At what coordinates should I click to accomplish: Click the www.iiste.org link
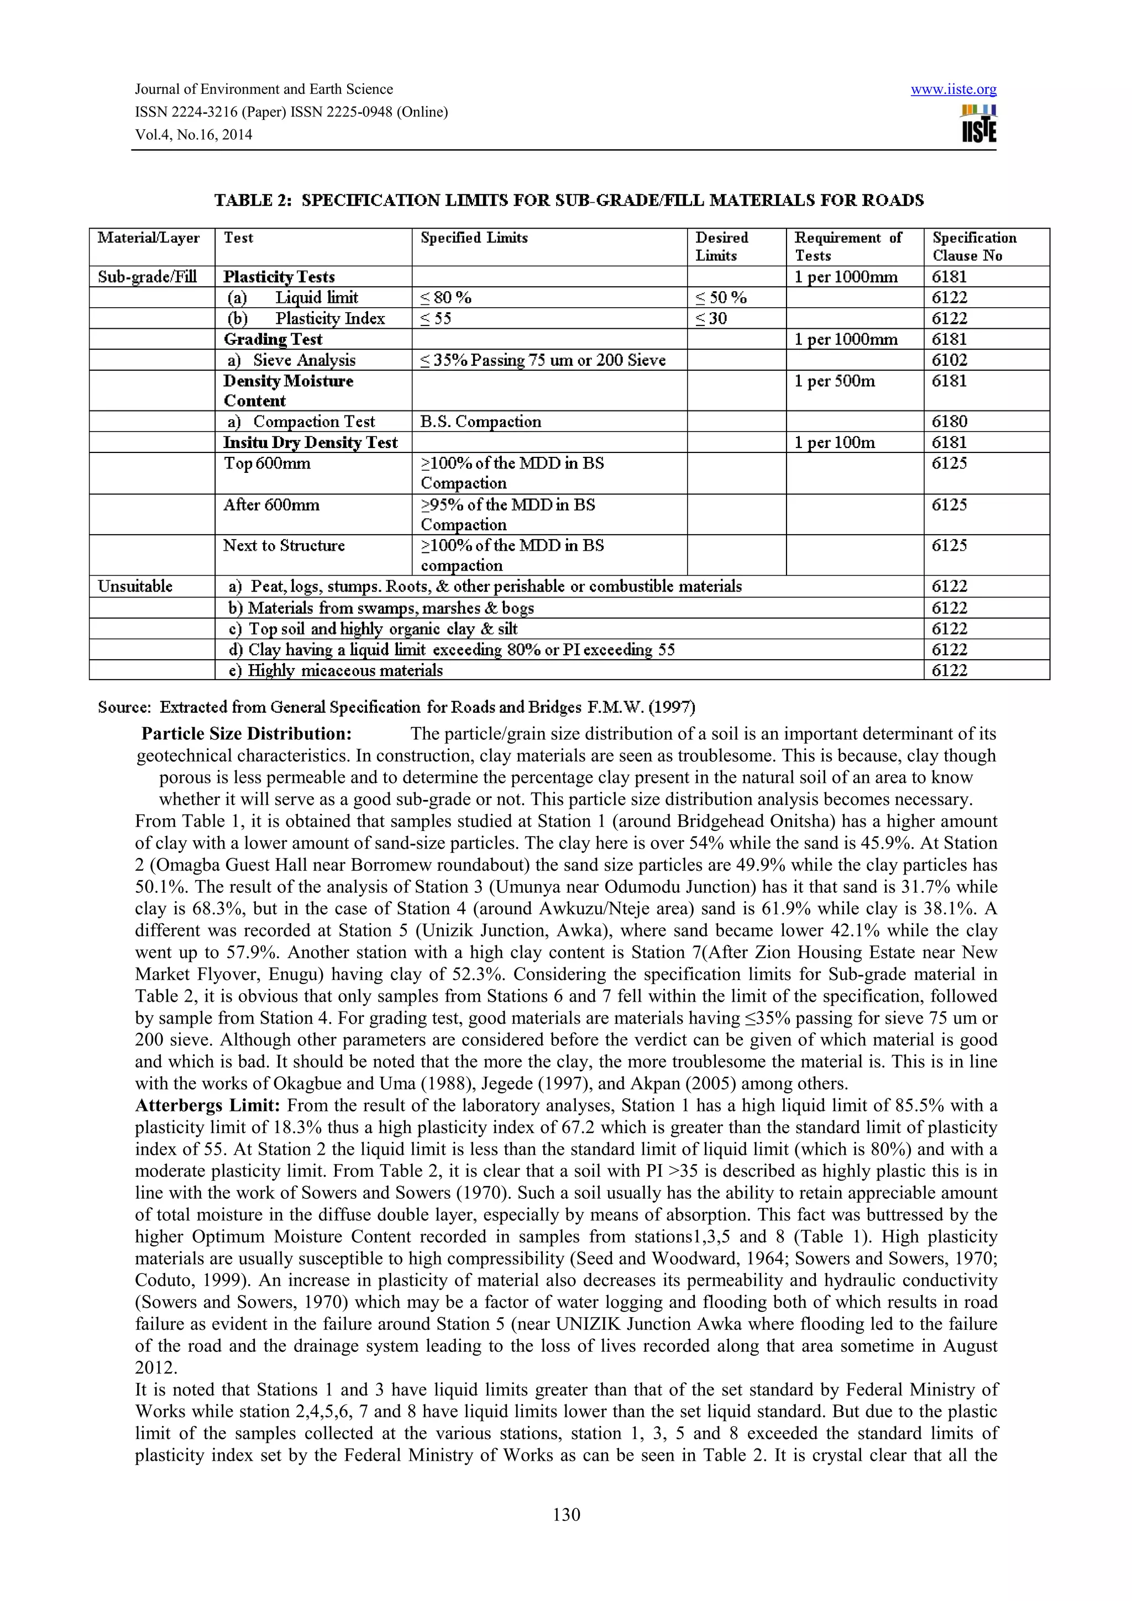953,89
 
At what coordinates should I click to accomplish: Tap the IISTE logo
978,124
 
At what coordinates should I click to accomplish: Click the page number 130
565,1514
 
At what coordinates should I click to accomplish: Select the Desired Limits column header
721,246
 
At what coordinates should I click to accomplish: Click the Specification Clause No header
974,246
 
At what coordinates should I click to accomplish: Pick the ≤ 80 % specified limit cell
447,298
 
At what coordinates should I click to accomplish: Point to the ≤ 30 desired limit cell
711,319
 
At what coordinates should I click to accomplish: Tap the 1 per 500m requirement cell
834,381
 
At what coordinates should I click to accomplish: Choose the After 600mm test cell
271,505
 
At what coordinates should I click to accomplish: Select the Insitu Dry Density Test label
311,442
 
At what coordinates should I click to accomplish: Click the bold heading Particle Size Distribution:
246,734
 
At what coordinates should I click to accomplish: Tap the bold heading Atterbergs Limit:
207,1105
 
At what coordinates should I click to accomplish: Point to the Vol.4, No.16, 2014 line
193,135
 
